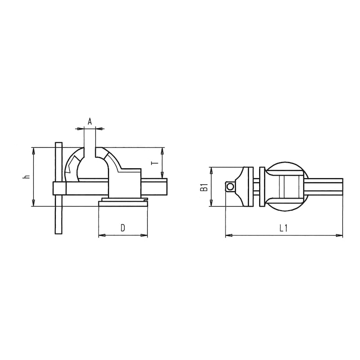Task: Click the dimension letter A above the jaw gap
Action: pos(90,121)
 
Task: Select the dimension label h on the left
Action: pos(27,177)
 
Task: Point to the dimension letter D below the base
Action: pos(122,228)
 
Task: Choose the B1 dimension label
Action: pos(203,187)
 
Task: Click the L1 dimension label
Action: pos(283,228)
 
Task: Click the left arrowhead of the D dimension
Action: pos(100,235)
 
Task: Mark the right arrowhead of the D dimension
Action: pos(145,235)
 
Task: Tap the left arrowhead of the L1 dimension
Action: pos(227,235)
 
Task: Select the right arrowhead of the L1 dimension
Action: pos(340,235)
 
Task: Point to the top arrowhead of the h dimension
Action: pos(33,149)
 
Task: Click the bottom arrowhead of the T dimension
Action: pos(162,176)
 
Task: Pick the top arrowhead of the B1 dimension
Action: pos(210,169)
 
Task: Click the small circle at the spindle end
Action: pos(230,186)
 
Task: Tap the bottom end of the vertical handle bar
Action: pos(58,232)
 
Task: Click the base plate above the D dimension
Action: pos(123,203)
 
